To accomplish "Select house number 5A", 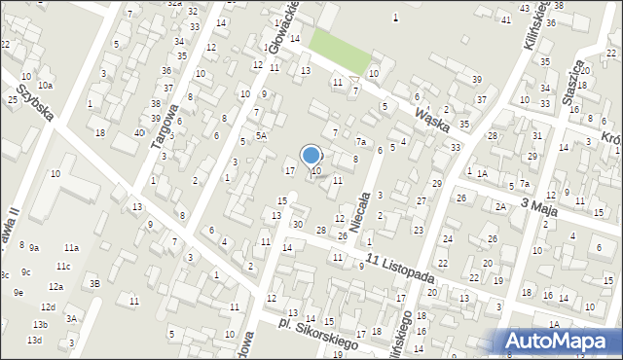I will [x=261, y=136].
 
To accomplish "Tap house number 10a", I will [x=45, y=87].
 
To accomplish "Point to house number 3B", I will [x=94, y=283].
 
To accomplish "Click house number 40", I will [x=139, y=132].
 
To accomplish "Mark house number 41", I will [x=505, y=19].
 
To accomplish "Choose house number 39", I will [x=476, y=79].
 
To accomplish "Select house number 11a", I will [x=71, y=248].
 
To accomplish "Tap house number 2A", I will [x=500, y=206].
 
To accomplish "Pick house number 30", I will [x=297, y=224].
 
